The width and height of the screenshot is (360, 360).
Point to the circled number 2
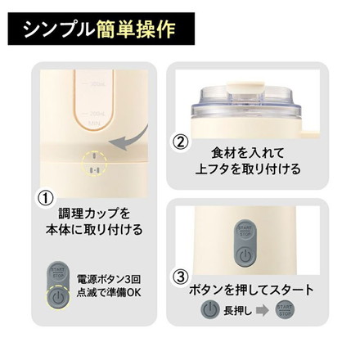(x=181, y=140)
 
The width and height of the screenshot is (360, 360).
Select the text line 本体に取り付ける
(x=95, y=231)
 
